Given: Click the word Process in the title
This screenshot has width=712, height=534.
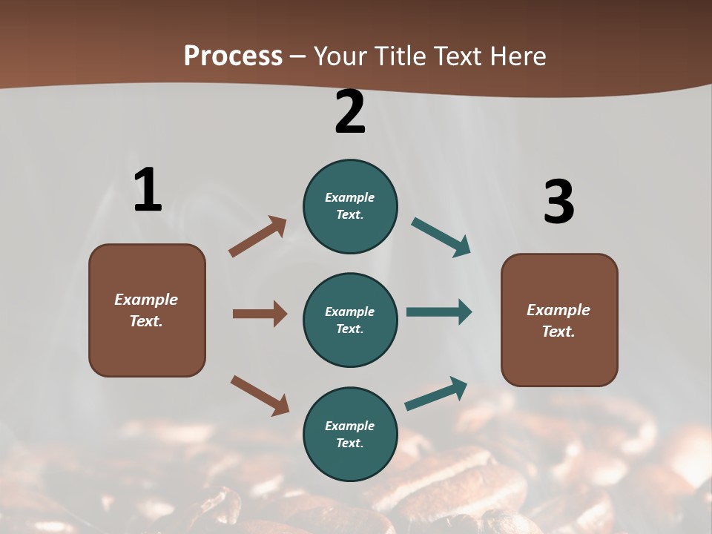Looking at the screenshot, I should click(233, 56).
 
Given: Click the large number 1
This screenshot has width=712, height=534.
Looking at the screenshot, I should click(148, 191).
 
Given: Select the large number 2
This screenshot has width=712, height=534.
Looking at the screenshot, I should click(350, 112).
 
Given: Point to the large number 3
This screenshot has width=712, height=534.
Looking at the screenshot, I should click(558, 202).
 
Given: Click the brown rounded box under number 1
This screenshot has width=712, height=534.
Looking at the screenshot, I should click(147, 310).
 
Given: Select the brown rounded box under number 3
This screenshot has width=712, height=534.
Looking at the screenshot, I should click(559, 320).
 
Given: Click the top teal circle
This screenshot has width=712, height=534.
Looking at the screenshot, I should click(350, 206).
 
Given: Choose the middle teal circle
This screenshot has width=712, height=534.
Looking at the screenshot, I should click(350, 320).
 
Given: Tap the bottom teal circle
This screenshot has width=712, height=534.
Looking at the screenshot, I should click(350, 435).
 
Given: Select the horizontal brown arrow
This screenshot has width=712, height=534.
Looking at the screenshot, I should click(260, 314).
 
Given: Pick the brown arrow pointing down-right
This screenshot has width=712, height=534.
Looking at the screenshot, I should click(260, 395).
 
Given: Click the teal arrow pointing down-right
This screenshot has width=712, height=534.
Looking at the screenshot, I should click(441, 237).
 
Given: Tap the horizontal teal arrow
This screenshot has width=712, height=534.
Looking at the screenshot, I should click(439, 312).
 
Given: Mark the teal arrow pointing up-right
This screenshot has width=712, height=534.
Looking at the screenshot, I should click(436, 393).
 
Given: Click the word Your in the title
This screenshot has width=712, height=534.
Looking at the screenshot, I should click(339, 56).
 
